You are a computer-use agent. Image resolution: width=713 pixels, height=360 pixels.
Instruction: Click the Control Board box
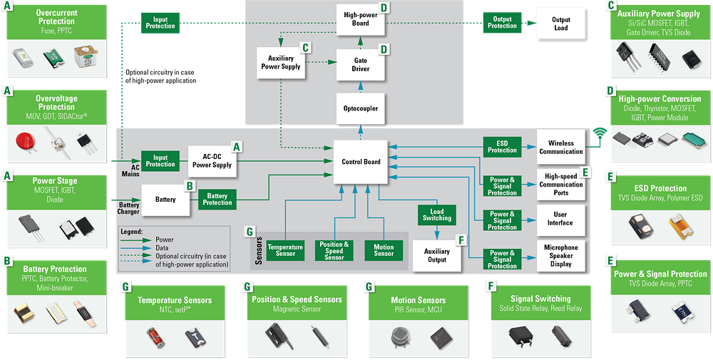click(361, 162)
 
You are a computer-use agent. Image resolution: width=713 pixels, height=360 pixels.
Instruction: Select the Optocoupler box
click(360, 108)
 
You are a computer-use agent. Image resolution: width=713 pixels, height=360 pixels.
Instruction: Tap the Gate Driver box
click(360, 65)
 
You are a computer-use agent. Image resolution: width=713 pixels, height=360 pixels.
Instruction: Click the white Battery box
click(165, 200)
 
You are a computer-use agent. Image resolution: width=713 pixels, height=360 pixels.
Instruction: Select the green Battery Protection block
click(217, 200)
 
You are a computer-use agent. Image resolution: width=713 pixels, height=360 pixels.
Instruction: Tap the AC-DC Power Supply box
click(211, 160)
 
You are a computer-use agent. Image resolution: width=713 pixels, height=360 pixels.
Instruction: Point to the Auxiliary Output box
click(436, 255)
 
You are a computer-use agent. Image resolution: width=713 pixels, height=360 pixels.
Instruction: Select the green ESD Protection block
click(502, 146)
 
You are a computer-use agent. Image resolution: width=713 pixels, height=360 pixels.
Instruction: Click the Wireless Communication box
click(560, 147)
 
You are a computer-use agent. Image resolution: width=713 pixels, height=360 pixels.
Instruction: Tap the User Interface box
click(560, 218)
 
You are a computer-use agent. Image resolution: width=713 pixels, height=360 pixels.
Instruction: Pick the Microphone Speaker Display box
click(560, 255)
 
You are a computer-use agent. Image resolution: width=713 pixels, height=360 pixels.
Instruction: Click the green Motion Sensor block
click(384, 250)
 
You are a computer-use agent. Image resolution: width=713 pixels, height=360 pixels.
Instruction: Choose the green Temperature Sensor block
click(285, 250)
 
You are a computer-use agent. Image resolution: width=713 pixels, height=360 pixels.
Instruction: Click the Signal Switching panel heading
click(540, 299)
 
